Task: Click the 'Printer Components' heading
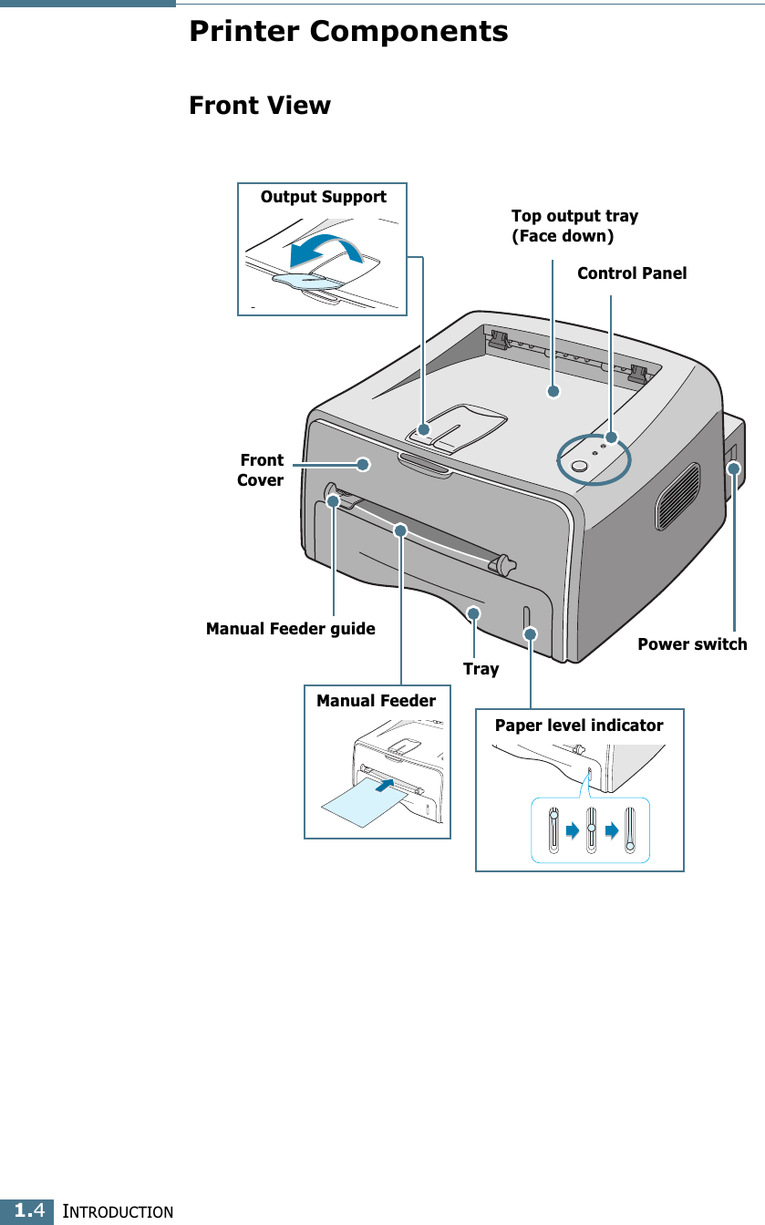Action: coord(348,32)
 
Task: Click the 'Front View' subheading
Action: coord(260,106)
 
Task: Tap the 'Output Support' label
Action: coord(323,197)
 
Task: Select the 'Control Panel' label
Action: coord(632,273)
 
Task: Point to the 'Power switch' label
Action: coord(692,644)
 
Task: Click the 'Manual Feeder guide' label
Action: coord(290,629)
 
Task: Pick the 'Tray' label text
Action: coord(481,669)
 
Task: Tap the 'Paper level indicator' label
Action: coord(579,726)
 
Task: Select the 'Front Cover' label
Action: coord(261,469)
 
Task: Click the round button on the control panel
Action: coord(578,467)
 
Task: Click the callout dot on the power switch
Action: coord(734,468)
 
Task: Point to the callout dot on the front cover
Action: coord(363,464)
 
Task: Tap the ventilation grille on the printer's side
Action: coord(677,496)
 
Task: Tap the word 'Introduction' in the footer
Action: coord(115,1212)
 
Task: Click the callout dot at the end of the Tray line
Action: coord(473,613)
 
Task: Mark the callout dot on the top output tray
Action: coord(553,392)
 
